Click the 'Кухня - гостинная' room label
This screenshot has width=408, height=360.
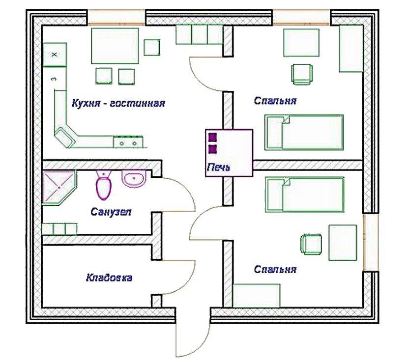(x=118, y=104)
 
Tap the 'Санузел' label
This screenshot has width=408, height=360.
(x=111, y=212)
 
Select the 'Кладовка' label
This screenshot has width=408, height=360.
(x=109, y=278)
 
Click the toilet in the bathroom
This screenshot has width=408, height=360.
(x=104, y=185)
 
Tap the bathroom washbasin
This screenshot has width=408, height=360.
(x=134, y=179)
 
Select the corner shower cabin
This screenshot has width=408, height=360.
(x=59, y=188)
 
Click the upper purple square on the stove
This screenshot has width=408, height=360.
(x=212, y=138)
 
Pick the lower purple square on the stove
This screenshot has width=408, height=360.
(x=212, y=149)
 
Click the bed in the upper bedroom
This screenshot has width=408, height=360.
(x=304, y=133)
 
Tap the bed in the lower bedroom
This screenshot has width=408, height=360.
(x=305, y=194)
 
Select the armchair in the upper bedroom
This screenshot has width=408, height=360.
(x=302, y=74)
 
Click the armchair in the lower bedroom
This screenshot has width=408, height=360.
(x=311, y=244)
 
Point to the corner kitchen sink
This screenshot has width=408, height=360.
(x=64, y=137)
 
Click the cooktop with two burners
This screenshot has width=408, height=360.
(x=128, y=142)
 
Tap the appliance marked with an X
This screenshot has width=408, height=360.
(x=55, y=55)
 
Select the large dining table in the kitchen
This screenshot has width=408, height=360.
(x=115, y=46)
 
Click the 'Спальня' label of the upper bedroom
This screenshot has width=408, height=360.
(x=275, y=101)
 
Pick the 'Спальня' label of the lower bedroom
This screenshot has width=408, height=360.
(x=275, y=269)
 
